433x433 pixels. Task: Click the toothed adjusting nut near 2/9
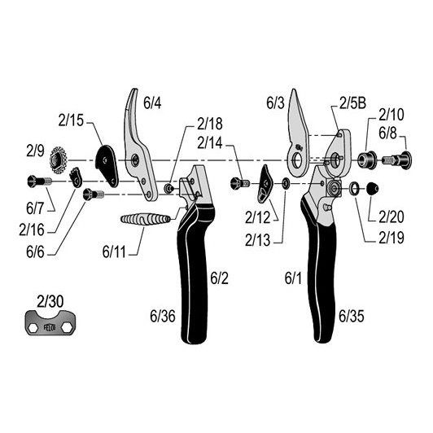59,160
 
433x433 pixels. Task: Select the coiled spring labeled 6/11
145,219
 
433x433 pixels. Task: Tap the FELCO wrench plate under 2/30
50,322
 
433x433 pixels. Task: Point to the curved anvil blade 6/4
138,147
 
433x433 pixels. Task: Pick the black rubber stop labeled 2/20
373,189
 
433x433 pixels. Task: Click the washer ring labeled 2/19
354,188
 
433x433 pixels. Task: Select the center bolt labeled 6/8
397,160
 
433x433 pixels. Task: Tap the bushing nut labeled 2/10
367,160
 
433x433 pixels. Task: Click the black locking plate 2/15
107,165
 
